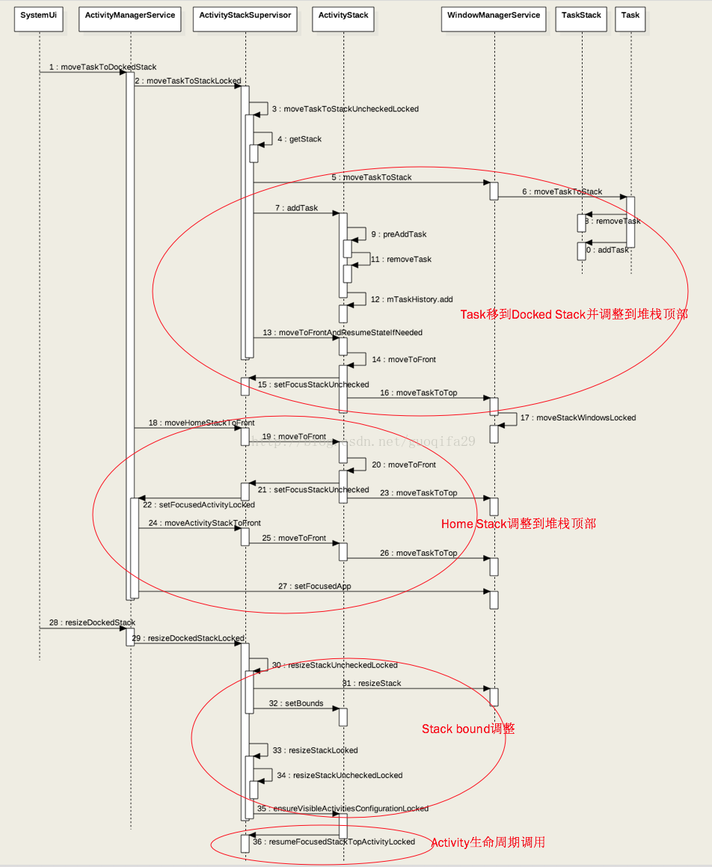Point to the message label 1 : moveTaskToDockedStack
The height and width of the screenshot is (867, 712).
tap(103, 67)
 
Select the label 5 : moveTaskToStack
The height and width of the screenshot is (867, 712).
tap(372, 177)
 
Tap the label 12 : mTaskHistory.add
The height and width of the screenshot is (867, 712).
tap(412, 299)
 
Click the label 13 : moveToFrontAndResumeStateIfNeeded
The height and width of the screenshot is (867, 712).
tap(343, 332)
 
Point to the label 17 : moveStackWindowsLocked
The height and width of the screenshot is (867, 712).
tap(578, 417)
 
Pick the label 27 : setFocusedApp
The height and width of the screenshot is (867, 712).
tap(314, 586)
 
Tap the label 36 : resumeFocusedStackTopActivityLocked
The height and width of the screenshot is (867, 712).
tap(334, 842)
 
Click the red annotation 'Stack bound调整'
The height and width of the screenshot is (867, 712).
tap(468, 729)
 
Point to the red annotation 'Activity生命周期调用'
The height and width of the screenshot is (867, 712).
tap(488, 842)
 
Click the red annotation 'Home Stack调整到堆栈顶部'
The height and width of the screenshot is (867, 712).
tap(518, 524)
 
